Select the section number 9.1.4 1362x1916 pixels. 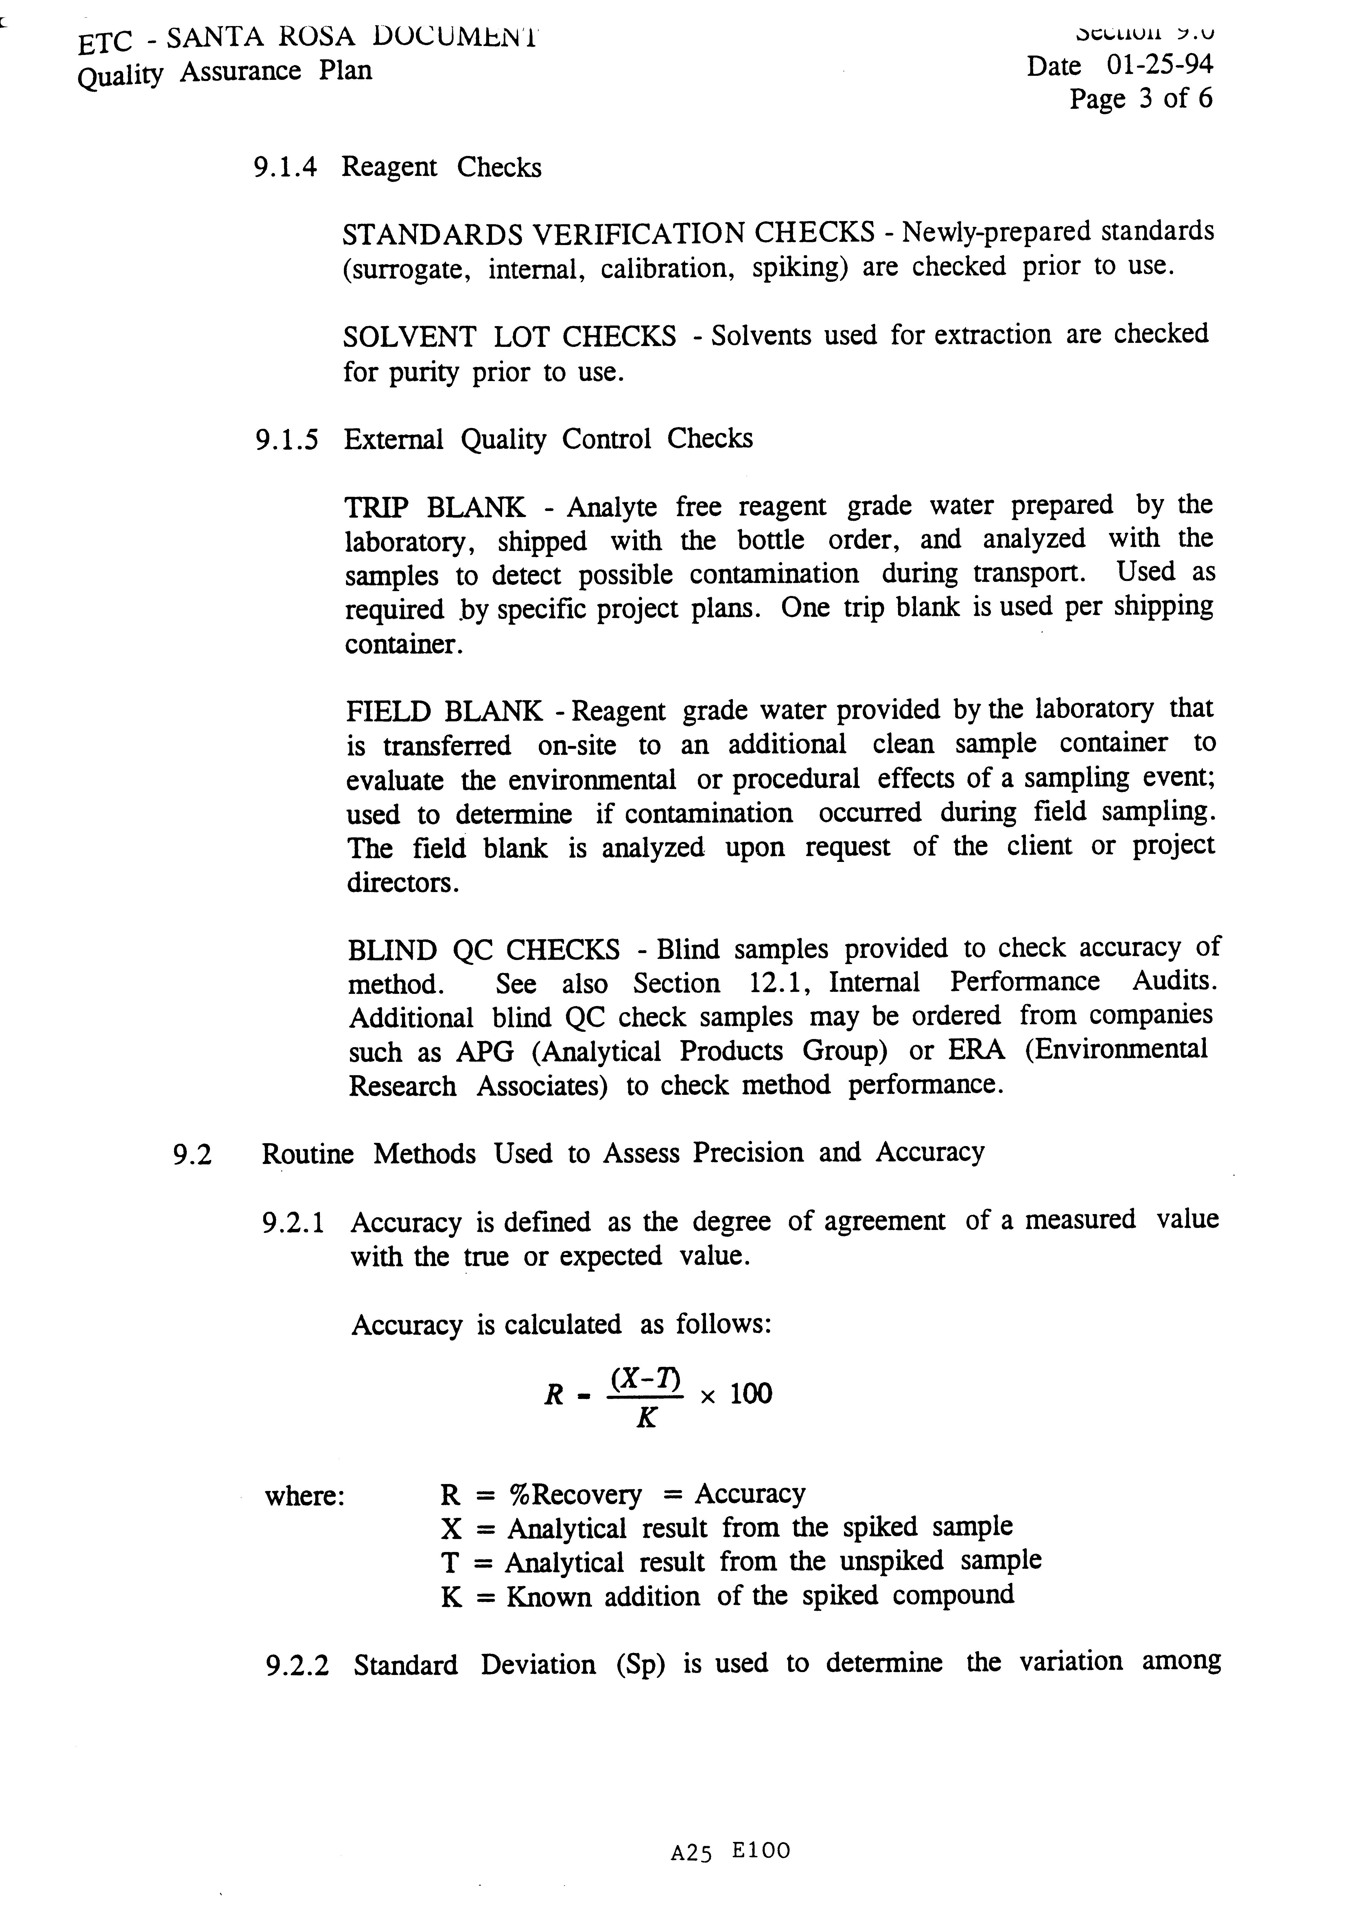pos(285,168)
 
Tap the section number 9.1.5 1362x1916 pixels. pos(287,440)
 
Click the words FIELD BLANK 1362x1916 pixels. pos(445,711)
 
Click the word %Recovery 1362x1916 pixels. pos(574,1495)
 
